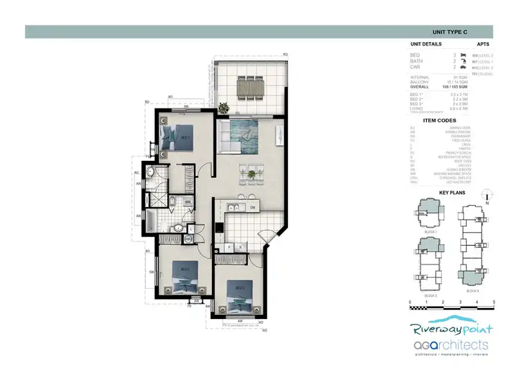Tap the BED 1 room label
pyautogui.click(x=185, y=137)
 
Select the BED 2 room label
pyautogui.click(x=185, y=269)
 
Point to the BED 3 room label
pyautogui.click(x=240, y=287)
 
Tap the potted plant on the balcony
pyautogui.click(x=224, y=108)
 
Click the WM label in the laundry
pyautogui.click(x=188, y=202)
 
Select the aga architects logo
pyautogui.click(x=450, y=345)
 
